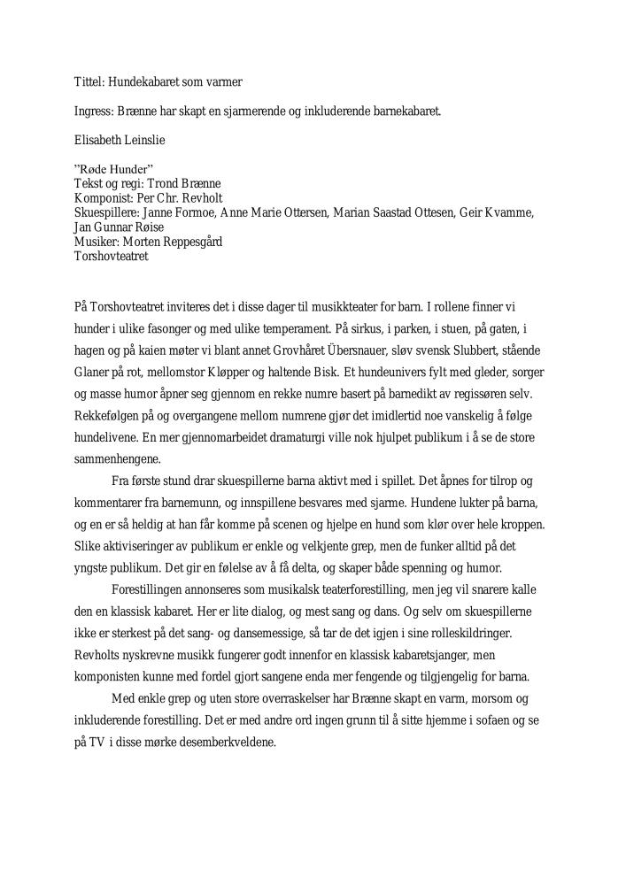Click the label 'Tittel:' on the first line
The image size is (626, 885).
88,82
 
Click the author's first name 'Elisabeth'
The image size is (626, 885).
97,139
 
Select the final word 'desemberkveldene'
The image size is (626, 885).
225,742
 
